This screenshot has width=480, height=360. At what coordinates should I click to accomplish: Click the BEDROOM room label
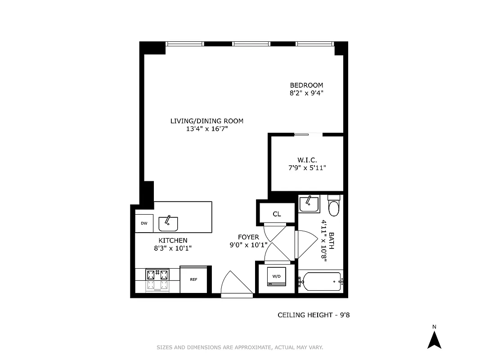pos(306,85)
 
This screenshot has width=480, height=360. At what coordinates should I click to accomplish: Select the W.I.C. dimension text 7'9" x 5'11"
pos(307,168)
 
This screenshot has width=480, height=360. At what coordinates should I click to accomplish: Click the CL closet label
pos(277,214)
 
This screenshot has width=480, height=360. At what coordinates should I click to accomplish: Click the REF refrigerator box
pos(193,279)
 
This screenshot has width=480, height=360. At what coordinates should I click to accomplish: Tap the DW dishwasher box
pos(144,223)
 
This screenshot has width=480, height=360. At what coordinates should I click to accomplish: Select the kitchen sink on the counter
pos(168,223)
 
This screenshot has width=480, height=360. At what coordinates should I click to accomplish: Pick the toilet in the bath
pos(334,207)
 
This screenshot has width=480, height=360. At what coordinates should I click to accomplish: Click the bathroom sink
pos(310,205)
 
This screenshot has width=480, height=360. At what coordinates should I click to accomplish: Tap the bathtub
pos(321,281)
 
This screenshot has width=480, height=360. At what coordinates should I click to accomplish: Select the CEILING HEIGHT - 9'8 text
pos(314,315)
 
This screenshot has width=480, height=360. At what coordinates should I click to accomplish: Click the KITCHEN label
pos(173,240)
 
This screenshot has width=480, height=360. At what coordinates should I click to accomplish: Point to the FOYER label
pos(248,237)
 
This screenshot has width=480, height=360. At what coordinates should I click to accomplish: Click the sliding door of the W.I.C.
pos(308,134)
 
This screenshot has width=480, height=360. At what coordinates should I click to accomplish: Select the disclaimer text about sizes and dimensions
pos(240,347)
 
